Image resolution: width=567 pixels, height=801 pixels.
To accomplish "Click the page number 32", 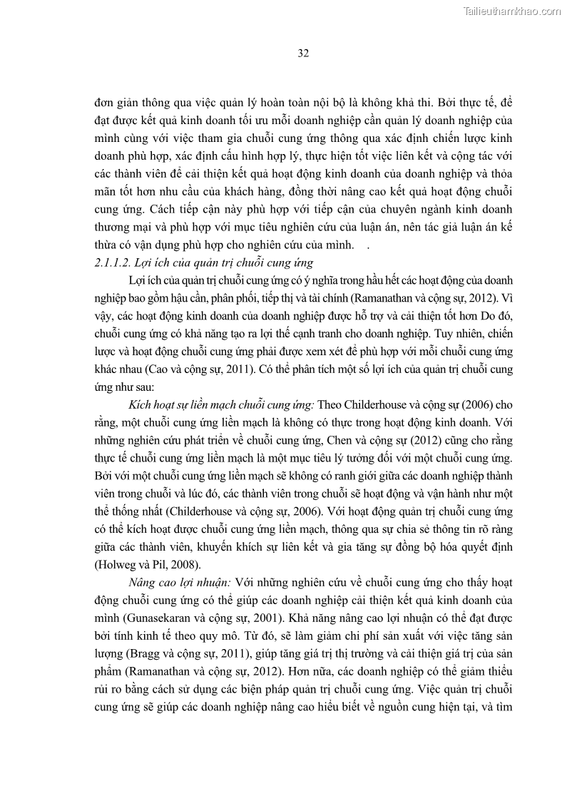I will click(x=302, y=53).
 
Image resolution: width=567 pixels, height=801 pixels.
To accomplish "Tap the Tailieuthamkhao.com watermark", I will click(x=512, y=11).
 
